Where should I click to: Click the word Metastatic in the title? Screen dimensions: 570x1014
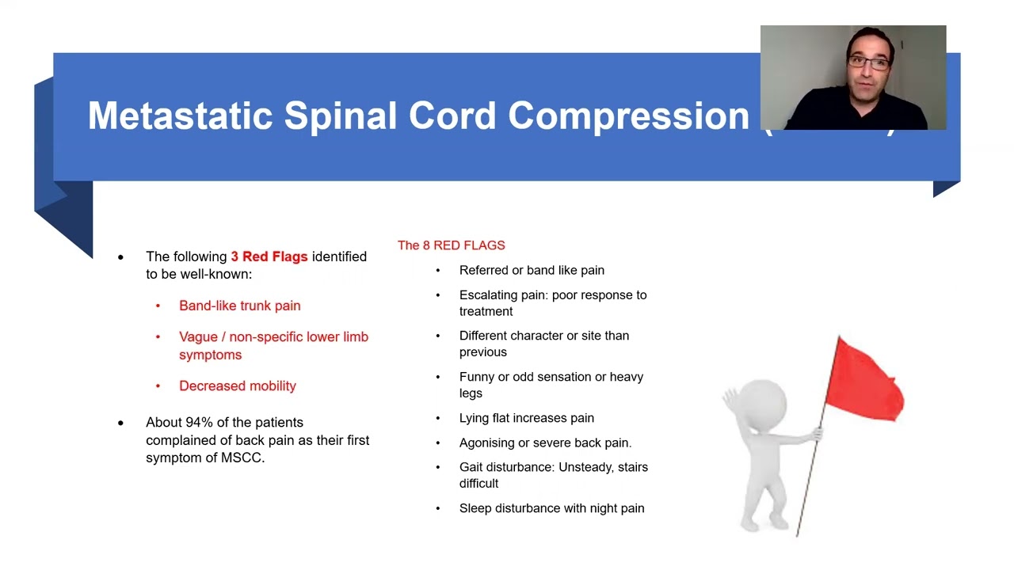[x=181, y=116]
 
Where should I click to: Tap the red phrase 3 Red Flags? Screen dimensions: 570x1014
[x=269, y=256]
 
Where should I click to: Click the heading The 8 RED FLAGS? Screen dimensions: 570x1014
[x=451, y=245]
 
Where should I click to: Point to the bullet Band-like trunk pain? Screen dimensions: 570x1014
[x=239, y=306]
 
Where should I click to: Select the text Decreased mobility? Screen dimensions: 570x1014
[x=237, y=386]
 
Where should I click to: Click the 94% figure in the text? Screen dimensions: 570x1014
[x=200, y=422]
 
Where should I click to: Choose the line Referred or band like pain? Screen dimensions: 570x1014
[x=532, y=270]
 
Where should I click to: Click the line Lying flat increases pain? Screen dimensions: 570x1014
[x=526, y=418]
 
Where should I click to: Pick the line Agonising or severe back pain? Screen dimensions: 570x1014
[x=545, y=443]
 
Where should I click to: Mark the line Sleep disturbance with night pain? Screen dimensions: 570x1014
[x=551, y=508]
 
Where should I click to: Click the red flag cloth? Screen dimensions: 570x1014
[x=867, y=378]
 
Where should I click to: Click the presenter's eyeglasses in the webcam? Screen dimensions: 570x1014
[x=868, y=63]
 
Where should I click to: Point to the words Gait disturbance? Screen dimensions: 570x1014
[x=505, y=467]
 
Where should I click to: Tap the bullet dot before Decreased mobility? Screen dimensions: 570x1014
[x=158, y=386]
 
